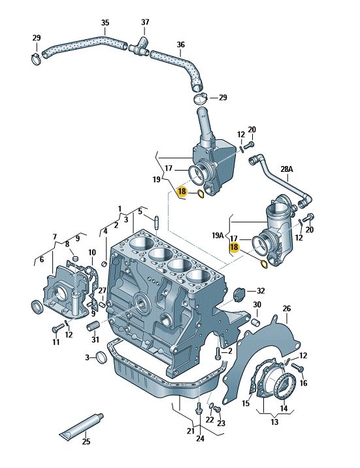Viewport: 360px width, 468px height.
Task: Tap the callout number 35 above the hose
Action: click(x=105, y=23)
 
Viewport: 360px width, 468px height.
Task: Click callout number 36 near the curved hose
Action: click(x=181, y=44)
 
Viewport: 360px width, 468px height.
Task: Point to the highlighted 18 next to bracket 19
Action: click(x=182, y=192)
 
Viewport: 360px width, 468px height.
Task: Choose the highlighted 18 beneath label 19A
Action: click(x=234, y=247)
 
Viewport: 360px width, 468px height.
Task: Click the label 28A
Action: click(x=287, y=169)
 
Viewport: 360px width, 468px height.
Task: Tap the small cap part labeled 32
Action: click(x=239, y=294)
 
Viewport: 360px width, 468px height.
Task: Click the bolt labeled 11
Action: click(x=57, y=329)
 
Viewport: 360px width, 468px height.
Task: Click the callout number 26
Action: click(x=287, y=309)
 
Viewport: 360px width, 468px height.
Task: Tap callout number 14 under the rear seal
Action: click(x=284, y=408)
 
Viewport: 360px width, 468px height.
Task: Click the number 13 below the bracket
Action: click(x=274, y=422)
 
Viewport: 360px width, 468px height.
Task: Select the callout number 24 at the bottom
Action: click(x=200, y=438)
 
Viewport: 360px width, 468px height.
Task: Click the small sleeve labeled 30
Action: click(x=255, y=323)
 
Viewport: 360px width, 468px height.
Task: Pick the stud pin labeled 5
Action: click(x=156, y=222)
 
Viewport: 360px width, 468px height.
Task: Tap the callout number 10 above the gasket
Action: click(x=92, y=253)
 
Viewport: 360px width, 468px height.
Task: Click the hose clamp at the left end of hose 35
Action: click(x=37, y=59)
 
